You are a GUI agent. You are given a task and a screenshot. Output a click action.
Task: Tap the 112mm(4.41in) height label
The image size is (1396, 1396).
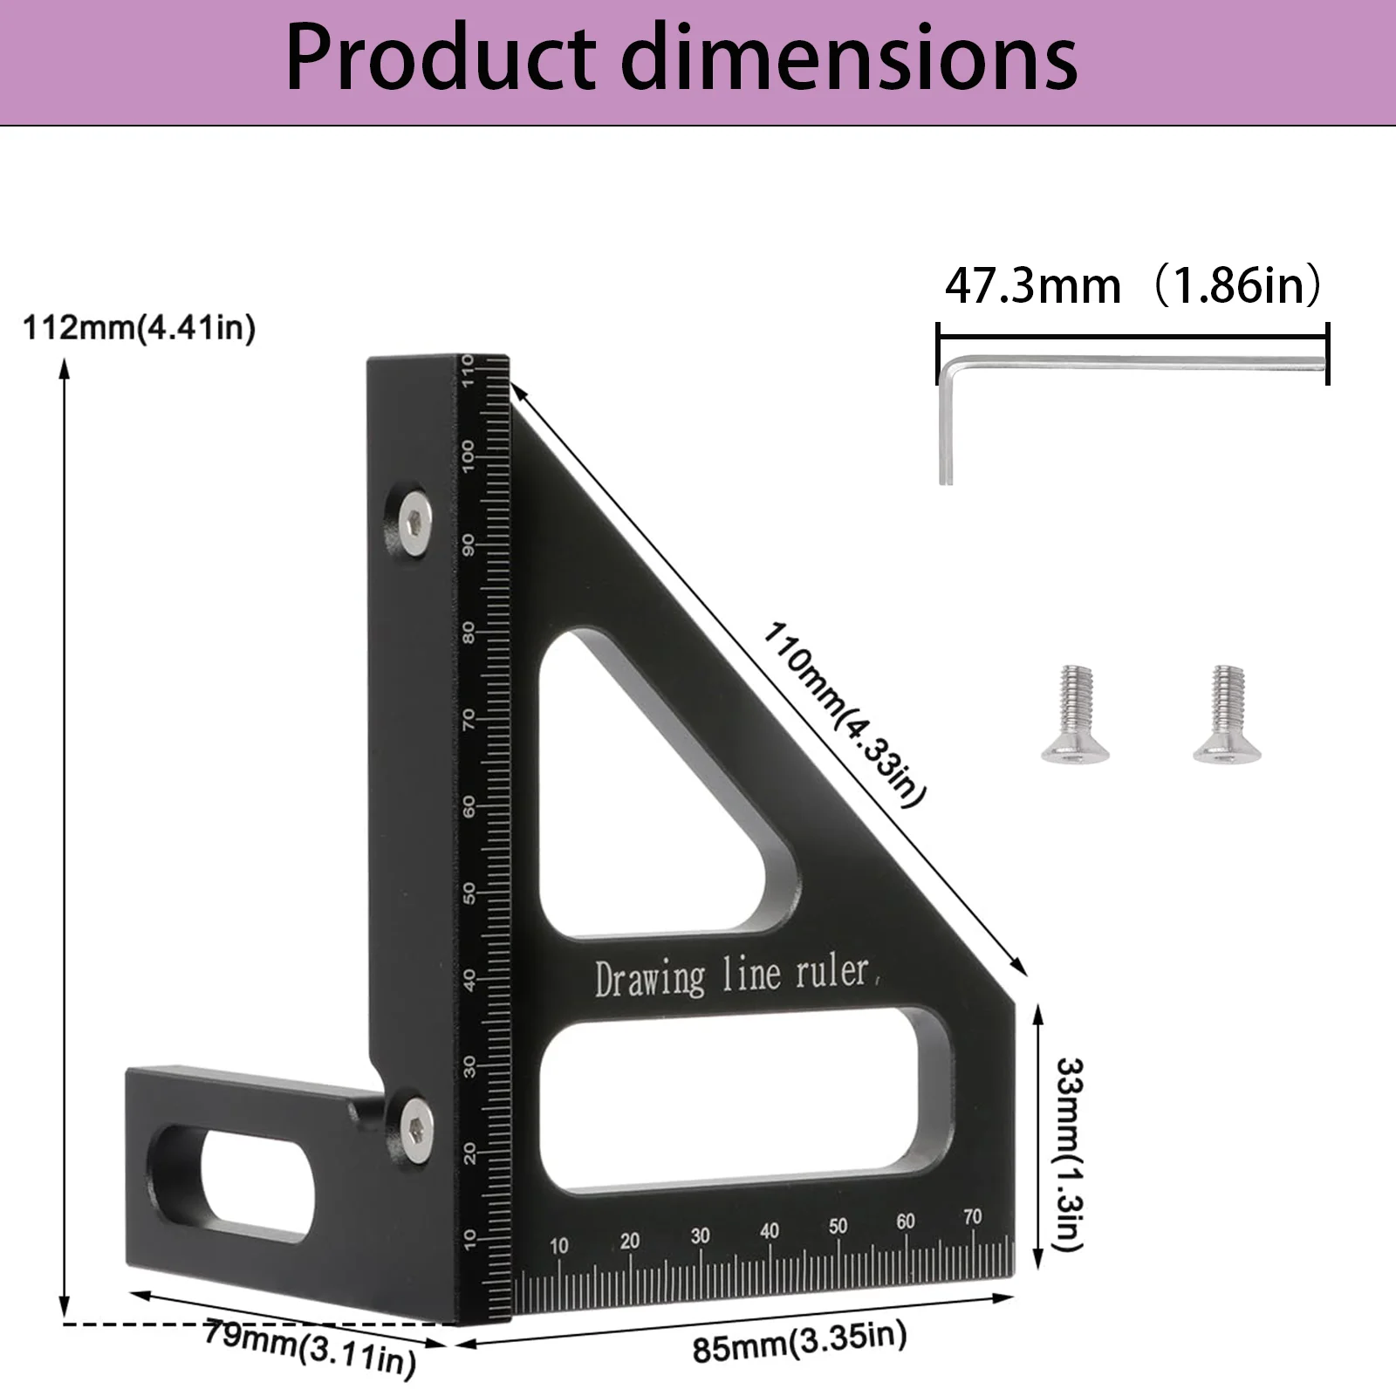(139, 329)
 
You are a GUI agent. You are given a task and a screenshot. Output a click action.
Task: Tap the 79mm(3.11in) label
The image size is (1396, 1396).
(310, 1348)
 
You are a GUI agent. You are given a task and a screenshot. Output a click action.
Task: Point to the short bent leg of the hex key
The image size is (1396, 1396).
(946, 428)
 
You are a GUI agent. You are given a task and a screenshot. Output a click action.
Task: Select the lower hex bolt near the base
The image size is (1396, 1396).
(415, 1131)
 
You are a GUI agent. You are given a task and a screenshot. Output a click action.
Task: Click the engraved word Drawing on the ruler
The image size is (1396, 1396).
(649, 979)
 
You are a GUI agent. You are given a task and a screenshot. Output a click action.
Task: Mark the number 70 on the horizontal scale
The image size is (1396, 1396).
(972, 1216)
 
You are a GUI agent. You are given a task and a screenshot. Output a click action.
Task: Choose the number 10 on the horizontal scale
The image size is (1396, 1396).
(558, 1245)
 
